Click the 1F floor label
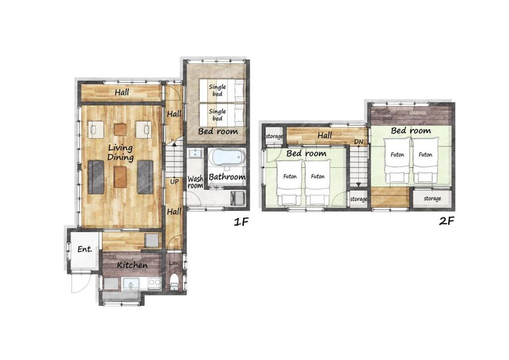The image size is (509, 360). pyautogui.click(x=241, y=222)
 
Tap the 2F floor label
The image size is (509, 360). pyautogui.click(x=446, y=221)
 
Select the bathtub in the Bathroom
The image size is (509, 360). pyautogui.click(x=226, y=158)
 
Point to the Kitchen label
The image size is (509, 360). pyautogui.click(x=132, y=265)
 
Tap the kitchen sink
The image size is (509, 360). pyautogui.click(x=131, y=284)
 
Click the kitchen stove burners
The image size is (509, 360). pyautogui.click(x=154, y=283)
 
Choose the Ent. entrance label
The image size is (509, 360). pyautogui.click(x=85, y=249)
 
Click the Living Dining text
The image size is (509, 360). pyautogui.click(x=120, y=153)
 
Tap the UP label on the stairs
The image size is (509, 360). pyautogui.click(x=174, y=182)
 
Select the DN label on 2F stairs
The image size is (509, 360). pyautogui.click(x=359, y=142)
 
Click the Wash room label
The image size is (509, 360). pyautogui.click(x=195, y=182)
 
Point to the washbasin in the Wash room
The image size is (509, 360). pyautogui.click(x=195, y=153)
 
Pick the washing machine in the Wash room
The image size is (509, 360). pyautogui.click(x=238, y=198)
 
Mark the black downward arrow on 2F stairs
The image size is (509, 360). pyautogui.click(x=358, y=184)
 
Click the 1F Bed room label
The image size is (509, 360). pyautogui.click(x=218, y=131)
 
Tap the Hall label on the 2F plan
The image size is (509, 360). pyautogui.click(x=325, y=135)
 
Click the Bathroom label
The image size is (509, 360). pyautogui.click(x=227, y=177)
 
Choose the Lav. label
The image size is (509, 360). pyautogui.click(x=174, y=263)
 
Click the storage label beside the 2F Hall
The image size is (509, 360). pyautogui.click(x=274, y=136)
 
